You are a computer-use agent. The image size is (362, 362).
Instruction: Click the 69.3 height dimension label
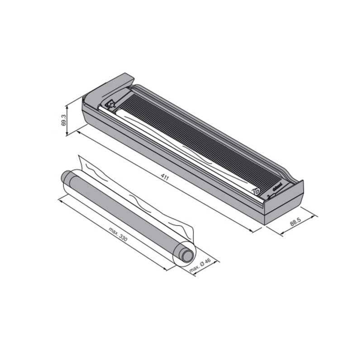[64, 120]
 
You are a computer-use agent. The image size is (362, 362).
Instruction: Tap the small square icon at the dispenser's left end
[110, 104]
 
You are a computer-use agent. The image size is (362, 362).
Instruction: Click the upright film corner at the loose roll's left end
[81, 162]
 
